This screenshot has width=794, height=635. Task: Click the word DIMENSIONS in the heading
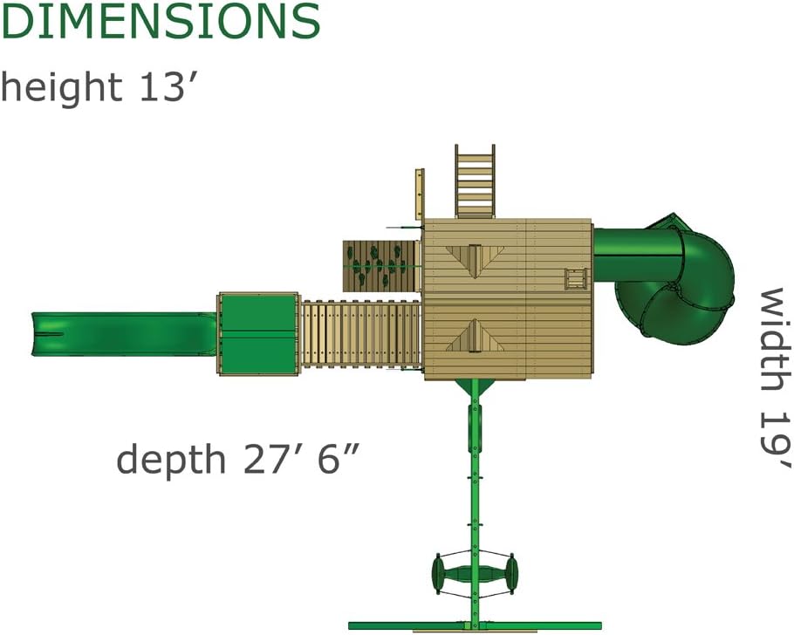point(160,20)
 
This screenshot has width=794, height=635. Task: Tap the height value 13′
point(164,86)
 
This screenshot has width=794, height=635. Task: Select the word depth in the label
point(171,460)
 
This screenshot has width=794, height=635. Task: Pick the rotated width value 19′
point(776,440)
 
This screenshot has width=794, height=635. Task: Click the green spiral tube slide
point(668,278)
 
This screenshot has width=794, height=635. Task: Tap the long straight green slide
point(124,333)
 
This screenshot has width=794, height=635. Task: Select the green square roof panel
point(258,334)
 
